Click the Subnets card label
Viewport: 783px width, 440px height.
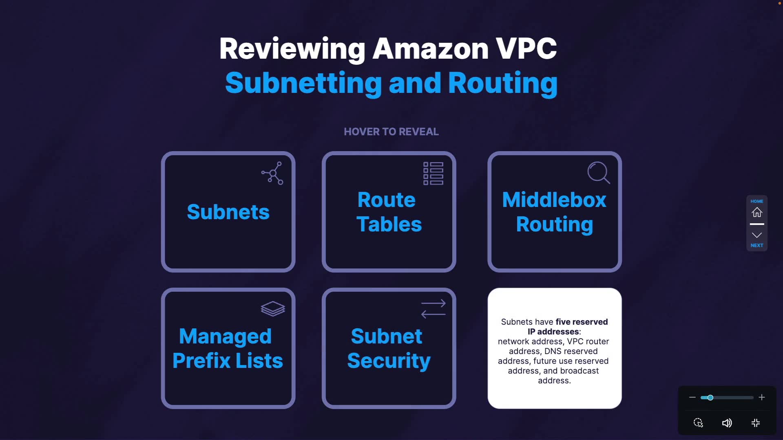(x=228, y=212)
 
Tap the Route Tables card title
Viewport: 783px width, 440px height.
(x=389, y=212)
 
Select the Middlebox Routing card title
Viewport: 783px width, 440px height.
(x=554, y=212)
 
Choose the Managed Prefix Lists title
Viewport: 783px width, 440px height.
(x=228, y=349)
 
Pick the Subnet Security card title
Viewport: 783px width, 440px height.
(x=389, y=349)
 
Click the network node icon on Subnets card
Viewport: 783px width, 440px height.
(x=272, y=173)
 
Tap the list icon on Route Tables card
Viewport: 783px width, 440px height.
(x=433, y=174)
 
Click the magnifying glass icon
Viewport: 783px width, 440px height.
(x=599, y=173)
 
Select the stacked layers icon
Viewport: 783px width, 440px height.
(x=273, y=309)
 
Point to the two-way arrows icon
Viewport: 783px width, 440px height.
(x=433, y=309)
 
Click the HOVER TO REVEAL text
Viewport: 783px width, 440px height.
(x=391, y=132)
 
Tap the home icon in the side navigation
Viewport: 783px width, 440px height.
(x=757, y=212)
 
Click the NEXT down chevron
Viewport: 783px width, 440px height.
(x=757, y=235)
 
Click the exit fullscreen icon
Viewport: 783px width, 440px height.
(x=756, y=423)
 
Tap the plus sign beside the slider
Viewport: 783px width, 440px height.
(x=762, y=397)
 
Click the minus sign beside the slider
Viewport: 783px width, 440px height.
(x=692, y=397)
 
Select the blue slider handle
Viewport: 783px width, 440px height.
(x=710, y=398)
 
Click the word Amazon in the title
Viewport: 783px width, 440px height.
(x=431, y=48)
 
